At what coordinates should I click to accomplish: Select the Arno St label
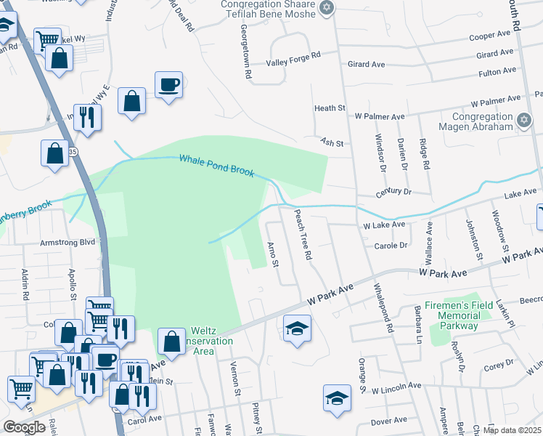(x=274, y=254)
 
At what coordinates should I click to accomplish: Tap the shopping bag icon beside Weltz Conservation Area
(x=171, y=340)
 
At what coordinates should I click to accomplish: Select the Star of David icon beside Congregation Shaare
(x=326, y=8)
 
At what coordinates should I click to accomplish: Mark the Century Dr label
(x=393, y=193)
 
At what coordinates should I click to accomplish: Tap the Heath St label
(x=329, y=108)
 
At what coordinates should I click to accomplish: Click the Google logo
(x=23, y=427)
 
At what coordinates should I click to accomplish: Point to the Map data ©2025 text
(x=513, y=430)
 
